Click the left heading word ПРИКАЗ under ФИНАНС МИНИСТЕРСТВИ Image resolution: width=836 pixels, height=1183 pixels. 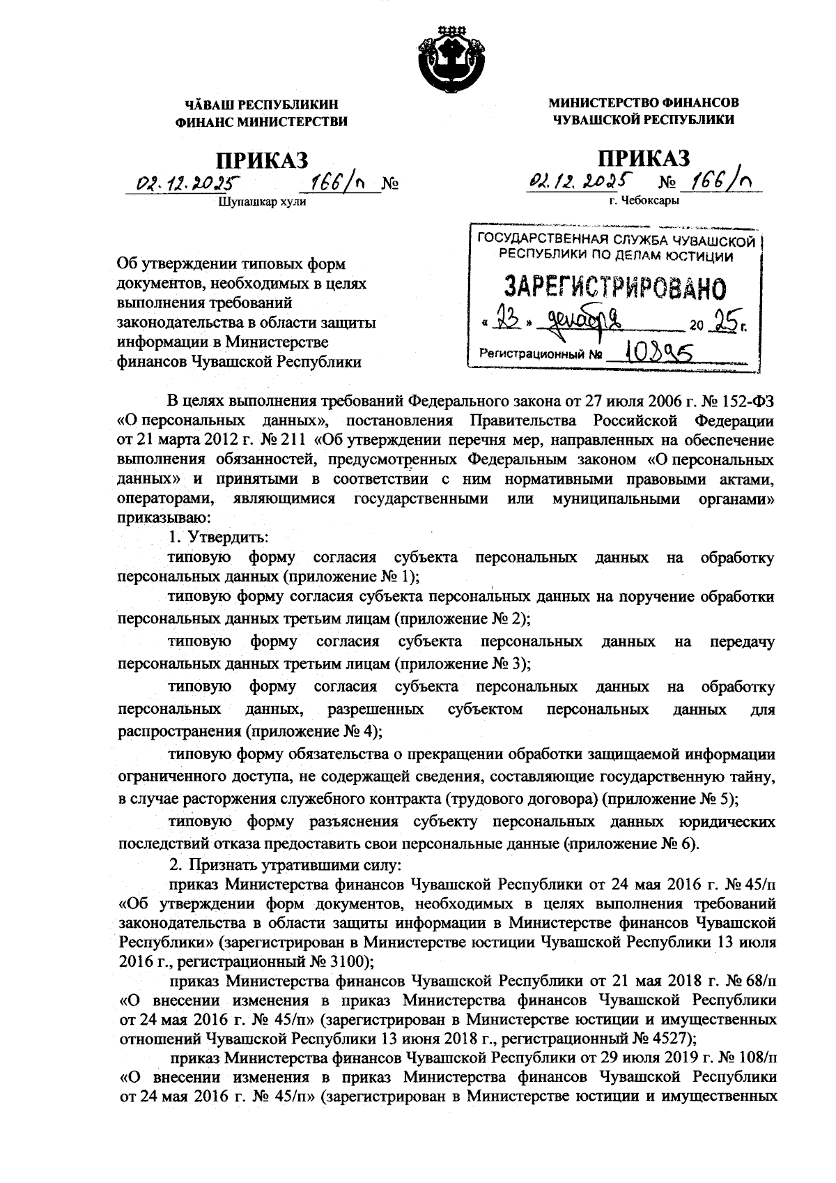point(261,159)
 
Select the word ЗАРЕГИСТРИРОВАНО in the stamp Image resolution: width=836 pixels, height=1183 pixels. point(614,287)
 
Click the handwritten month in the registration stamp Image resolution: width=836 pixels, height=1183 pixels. point(586,321)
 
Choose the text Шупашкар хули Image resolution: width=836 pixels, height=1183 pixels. point(262,203)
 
